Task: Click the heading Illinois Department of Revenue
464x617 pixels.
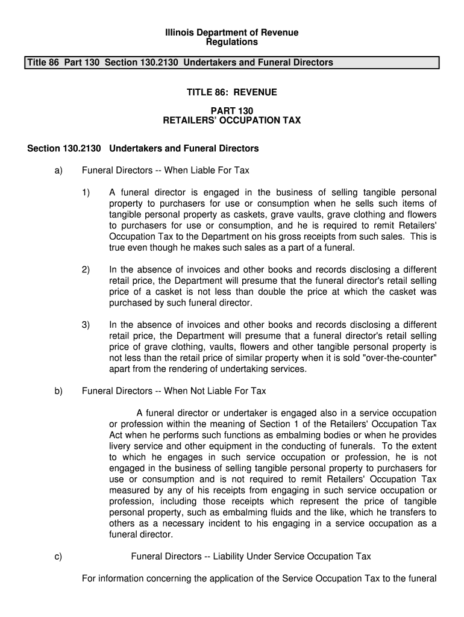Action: (232, 33)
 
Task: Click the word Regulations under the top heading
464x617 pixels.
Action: (232, 42)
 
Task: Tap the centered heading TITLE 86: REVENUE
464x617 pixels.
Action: (232, 92)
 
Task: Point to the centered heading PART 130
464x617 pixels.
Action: (232, 111)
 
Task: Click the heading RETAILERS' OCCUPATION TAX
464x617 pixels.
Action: (232, 121)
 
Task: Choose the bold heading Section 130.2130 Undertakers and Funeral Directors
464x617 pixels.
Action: (143, 148)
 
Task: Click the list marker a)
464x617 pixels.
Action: (58, 171)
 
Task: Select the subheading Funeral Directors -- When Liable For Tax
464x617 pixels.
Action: (165, 171)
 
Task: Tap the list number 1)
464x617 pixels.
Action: (86, 193)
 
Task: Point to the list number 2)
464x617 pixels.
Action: (86, 270)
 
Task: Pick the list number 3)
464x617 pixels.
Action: (86, 325)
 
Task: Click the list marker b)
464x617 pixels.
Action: (58, 391)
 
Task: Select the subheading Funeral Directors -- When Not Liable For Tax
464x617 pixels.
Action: (174, 391)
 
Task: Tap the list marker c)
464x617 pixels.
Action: (58, 557)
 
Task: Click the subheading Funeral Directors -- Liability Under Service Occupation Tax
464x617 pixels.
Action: (251, 557)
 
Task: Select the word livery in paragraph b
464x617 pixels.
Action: (121, 446)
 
